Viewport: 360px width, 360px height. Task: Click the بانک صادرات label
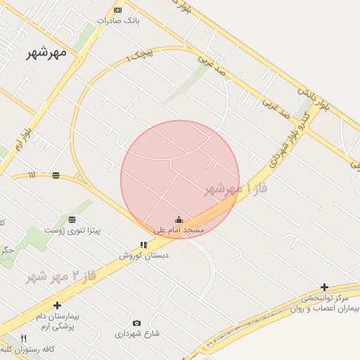118,21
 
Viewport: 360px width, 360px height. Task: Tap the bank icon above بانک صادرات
117,10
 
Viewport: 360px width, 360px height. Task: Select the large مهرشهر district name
47,52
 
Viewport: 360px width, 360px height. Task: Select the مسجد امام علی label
179,230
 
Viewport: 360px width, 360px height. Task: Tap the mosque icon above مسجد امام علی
179,220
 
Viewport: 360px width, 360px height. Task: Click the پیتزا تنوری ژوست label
72,230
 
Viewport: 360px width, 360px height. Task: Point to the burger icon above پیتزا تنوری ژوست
72,219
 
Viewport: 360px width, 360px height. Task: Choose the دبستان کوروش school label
143,255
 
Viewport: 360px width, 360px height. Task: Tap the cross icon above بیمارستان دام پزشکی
57,305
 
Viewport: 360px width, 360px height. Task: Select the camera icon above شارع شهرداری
136,323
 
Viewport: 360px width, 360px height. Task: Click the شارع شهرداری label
137,334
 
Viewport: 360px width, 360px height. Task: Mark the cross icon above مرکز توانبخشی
324,287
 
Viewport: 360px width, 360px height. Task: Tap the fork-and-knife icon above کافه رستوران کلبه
24,338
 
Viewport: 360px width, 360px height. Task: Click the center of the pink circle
180,180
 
